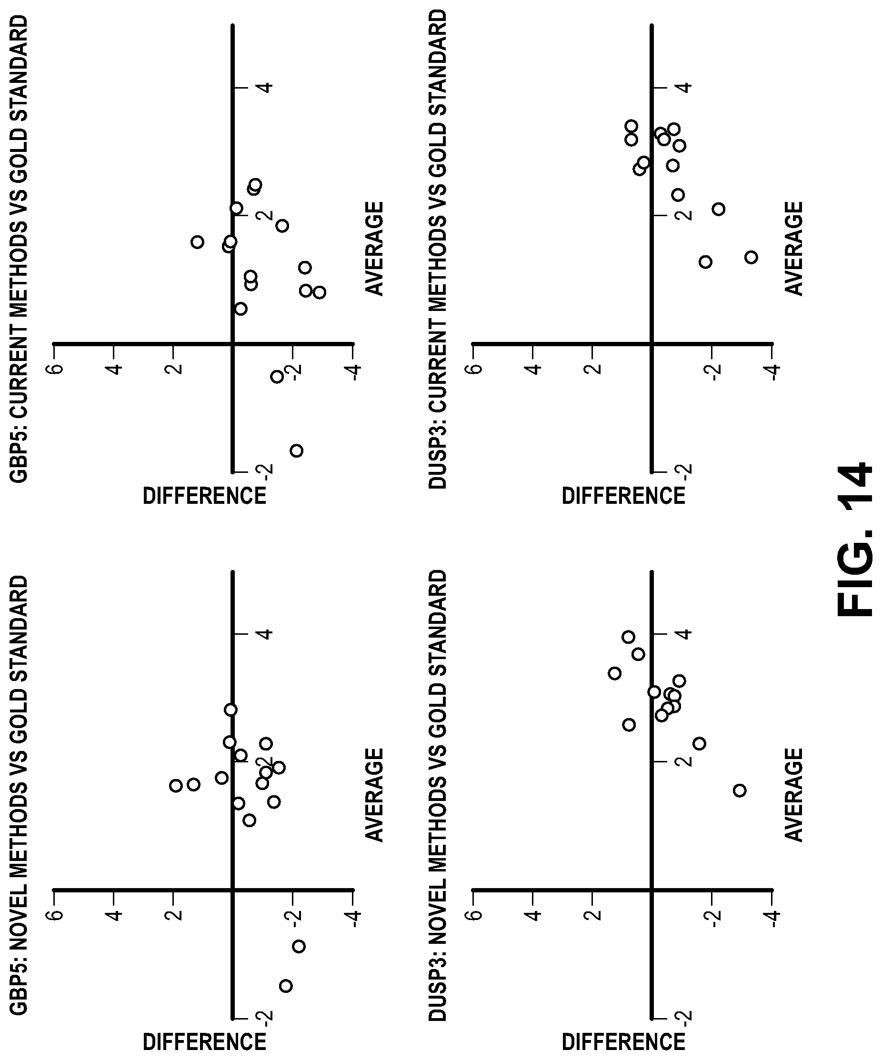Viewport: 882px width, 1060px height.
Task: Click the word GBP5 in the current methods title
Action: click(19, 457)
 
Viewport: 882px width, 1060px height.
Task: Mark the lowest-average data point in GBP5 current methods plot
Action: click(296, 451)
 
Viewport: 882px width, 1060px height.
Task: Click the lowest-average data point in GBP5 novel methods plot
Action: click(286, 986)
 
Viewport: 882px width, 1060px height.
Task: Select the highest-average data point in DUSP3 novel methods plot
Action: click(628, 637)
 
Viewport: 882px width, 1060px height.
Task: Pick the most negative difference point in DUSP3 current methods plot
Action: click(751, 258)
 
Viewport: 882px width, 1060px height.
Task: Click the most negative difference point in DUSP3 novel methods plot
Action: click(739, 790)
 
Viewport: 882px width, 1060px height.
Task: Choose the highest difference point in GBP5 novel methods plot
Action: click(176, 785)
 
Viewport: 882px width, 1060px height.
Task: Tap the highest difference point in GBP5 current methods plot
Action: click(198, 242)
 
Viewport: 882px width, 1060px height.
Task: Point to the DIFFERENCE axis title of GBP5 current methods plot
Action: click(204, 496)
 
